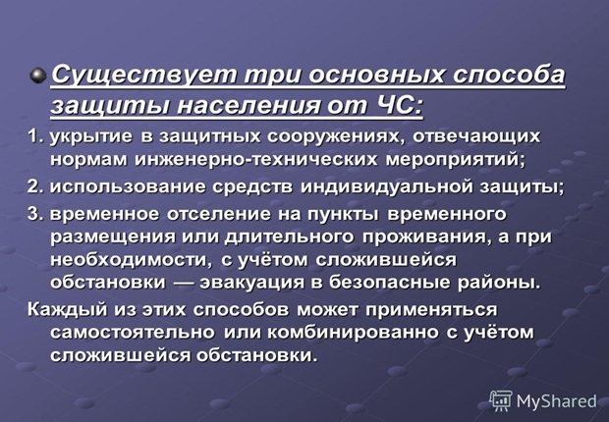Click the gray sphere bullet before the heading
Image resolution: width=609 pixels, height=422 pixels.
coord(38,75)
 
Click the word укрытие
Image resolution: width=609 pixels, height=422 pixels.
coord(91,137)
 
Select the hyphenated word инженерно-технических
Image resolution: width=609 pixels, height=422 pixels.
coord(256,160)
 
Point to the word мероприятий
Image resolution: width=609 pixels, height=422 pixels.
coord(455,161)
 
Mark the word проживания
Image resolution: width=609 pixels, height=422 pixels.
coord(424,237)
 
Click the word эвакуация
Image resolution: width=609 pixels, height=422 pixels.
coord(252,283)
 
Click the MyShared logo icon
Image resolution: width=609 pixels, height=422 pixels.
coord(501,400)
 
